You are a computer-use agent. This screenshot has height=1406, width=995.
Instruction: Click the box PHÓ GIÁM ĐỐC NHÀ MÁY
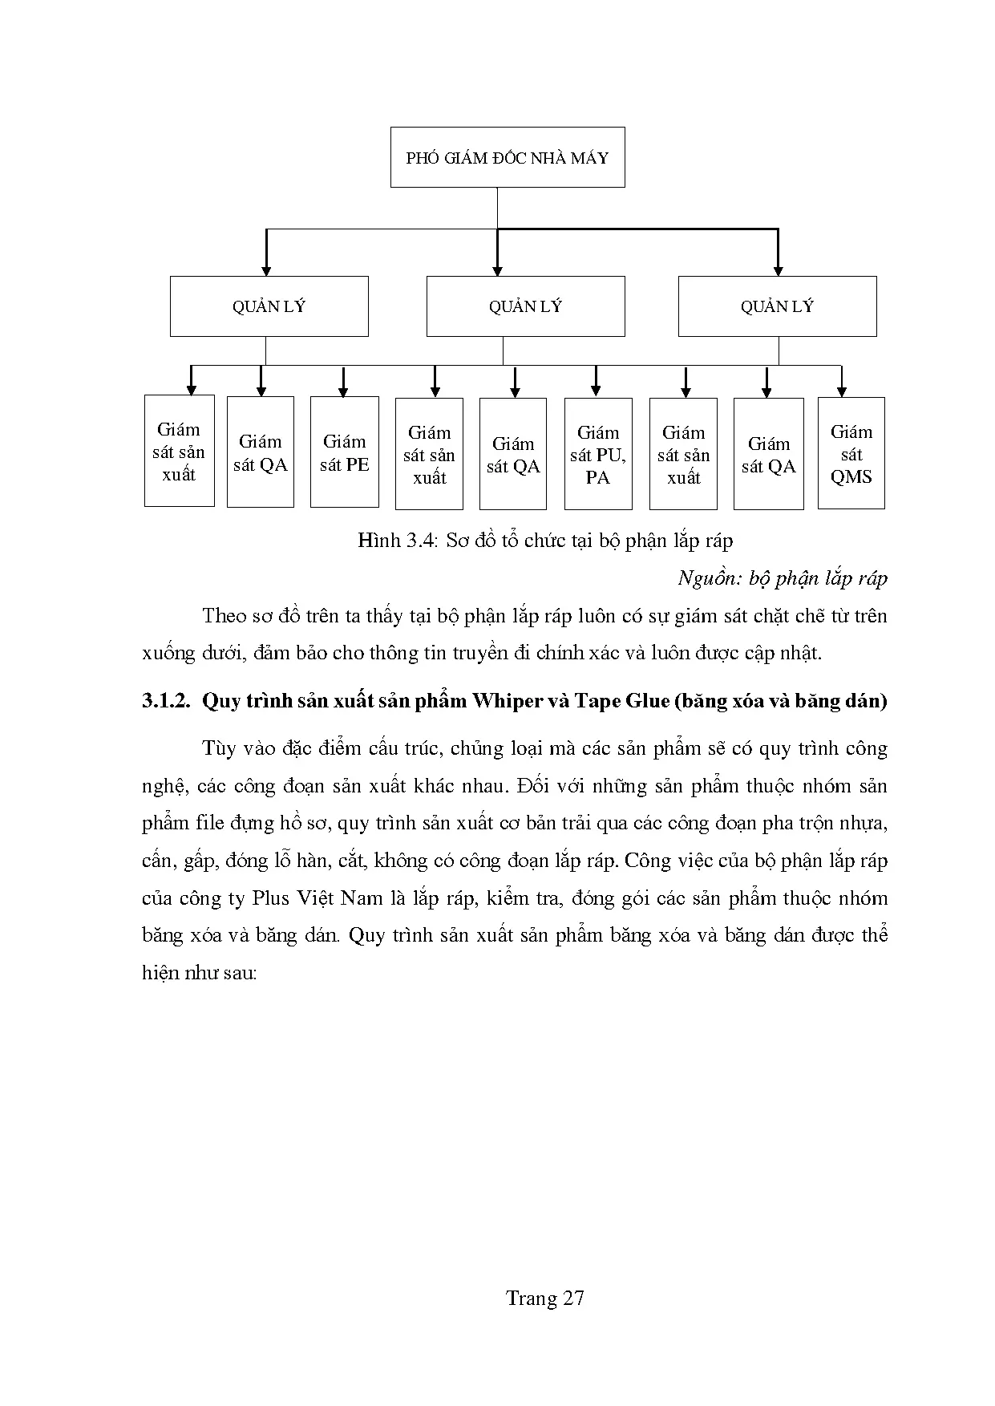point(508,157)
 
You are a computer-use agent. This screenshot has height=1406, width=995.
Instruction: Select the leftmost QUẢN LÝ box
point(269,306)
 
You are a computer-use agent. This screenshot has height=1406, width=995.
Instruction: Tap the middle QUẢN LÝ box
point(525,306)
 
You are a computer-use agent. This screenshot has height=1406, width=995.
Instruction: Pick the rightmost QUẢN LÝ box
point(777,306)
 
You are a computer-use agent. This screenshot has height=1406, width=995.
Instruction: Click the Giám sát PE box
point(344,452)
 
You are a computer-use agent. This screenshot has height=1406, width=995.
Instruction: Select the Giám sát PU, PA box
point(598,455)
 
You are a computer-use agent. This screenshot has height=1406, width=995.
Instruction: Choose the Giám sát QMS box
point(851,454)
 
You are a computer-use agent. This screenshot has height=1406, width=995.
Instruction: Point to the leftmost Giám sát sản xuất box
point(179,452)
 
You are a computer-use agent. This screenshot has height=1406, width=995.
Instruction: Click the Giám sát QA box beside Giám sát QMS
point(768,455)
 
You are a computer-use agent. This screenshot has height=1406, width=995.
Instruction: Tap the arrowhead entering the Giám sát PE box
point(343,391)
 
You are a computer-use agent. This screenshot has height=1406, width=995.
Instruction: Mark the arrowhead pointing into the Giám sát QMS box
point(841,391)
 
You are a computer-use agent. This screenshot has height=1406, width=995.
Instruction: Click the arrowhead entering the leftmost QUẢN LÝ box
point(267,271)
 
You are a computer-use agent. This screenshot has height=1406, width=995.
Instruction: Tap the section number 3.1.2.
point(166,701)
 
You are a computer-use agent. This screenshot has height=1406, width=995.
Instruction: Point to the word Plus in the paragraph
point(270,898)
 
